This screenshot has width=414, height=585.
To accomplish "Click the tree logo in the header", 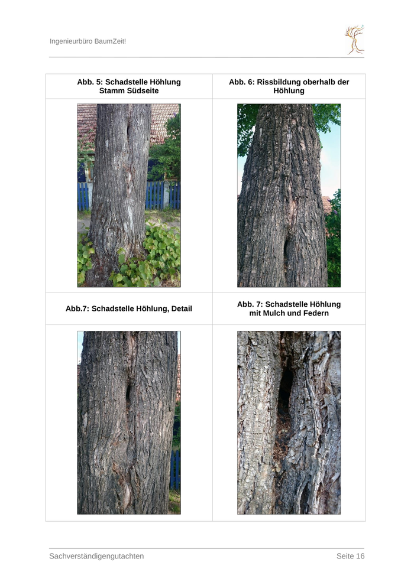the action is point(354,40).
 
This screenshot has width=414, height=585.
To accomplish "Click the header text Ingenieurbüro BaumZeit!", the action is point(88,41).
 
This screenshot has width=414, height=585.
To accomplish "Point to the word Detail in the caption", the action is point(182,308).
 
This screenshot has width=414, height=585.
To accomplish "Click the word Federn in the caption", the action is point(316,313).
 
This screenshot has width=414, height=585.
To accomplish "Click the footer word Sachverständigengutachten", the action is point(96,556).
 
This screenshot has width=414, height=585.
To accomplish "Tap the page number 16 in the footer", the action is point(360,556).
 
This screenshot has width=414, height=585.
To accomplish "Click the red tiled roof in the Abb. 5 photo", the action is point(164,119).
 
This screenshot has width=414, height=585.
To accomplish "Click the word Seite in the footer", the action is point(345,556).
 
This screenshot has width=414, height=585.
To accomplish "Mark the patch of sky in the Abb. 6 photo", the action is point(331,160).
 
